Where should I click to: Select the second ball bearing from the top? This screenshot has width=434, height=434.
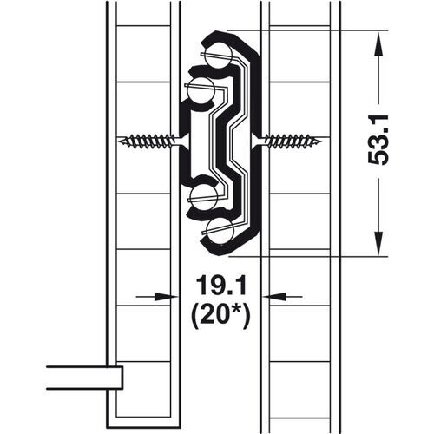point(201,89)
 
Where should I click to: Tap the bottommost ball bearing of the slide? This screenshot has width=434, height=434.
point(222,230)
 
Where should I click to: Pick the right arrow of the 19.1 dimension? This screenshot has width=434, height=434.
point(270,296)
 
